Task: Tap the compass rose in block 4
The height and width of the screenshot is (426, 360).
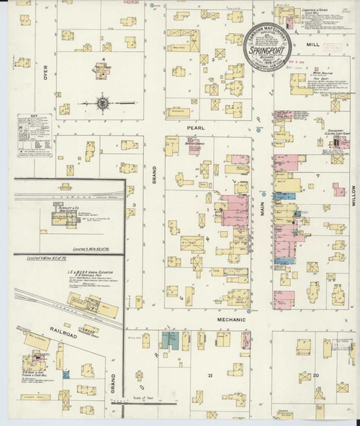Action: pyautogui.click(x=102, y=103)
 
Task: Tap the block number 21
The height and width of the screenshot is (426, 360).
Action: pyautogui.click(x=211, y=376)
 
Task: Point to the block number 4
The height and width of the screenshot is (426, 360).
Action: pyautogui.click(x=104, y=59)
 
